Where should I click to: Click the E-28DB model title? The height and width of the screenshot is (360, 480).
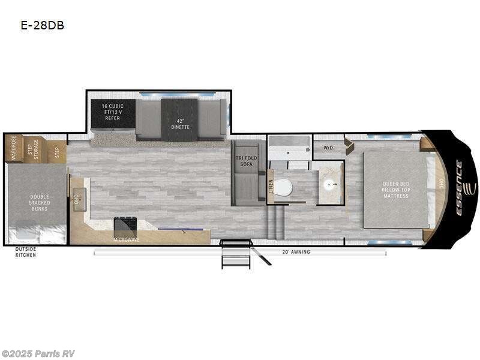(43, 26)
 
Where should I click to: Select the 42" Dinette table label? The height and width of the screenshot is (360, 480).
(179, 124)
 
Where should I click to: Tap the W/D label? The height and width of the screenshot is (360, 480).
(328, 147)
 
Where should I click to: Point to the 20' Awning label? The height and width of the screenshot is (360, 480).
(296, 252)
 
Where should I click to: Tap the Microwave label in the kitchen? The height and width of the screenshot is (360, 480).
(125, 239)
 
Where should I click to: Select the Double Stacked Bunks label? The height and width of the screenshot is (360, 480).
(40, 203)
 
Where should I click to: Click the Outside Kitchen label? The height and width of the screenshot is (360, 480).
(25, 252)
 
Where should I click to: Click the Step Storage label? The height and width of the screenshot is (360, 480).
(33, 150)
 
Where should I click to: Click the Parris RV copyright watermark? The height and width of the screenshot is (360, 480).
(38, 353)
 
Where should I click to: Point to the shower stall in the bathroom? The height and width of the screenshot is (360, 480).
(289, 148)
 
